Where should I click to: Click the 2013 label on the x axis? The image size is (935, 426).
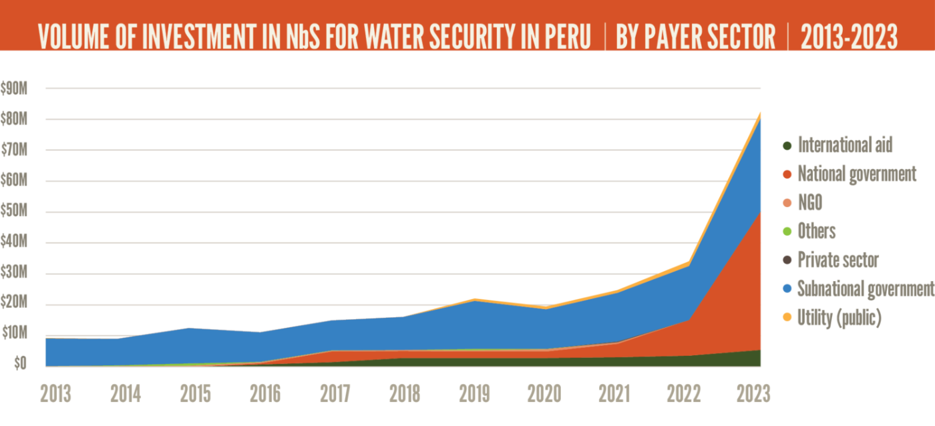click(x=55, y=394)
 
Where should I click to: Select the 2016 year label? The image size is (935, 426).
click(x=265, y=394)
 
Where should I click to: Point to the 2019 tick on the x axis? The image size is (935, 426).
click(x=475, y=394)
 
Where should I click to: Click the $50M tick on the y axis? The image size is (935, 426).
click(x=15, y=212)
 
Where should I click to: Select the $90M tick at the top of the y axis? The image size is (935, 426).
click(x=15, y=88)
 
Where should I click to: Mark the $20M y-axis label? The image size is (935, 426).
click(x=15, y=304)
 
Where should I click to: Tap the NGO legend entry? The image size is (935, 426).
click(x=809, y=202)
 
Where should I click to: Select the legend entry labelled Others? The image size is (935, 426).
click(x=817, y=231)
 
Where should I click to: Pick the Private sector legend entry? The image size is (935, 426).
click(x=838, y=260)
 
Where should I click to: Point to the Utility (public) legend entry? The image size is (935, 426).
click(x=839, y=318)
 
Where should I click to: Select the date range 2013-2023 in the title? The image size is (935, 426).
click(x=848, y=37)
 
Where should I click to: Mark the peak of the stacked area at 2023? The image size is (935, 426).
click(x=761, y=112)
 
